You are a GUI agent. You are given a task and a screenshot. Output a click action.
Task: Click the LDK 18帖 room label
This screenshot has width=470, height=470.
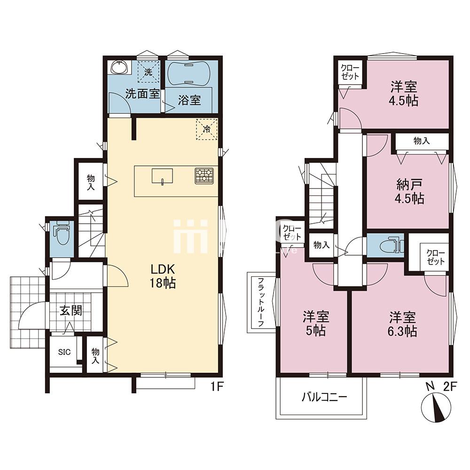163,276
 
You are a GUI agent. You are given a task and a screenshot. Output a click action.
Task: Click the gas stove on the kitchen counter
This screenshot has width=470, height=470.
204,176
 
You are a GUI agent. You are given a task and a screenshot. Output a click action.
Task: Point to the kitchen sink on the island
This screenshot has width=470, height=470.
162,176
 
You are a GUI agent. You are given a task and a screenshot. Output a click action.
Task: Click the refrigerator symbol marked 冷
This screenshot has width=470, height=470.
206,129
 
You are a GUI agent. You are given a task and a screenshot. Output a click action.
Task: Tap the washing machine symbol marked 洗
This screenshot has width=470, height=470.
148,71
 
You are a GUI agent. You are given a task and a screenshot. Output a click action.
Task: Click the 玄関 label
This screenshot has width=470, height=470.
71,311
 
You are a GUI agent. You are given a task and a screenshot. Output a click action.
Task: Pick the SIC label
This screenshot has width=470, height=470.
64,352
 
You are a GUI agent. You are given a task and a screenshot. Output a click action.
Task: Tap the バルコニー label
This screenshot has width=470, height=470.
324,397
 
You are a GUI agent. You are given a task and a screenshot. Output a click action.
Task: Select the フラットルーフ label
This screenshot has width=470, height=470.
261,302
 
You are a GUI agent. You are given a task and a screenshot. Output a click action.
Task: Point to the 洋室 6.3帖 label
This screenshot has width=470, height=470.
403,324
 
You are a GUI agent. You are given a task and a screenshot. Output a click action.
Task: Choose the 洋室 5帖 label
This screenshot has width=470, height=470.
316,324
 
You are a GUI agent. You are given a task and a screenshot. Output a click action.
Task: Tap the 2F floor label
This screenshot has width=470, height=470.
450,387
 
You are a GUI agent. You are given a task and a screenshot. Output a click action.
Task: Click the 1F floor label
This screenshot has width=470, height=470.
217,387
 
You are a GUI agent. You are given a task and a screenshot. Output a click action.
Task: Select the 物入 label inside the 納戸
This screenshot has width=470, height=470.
422,141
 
